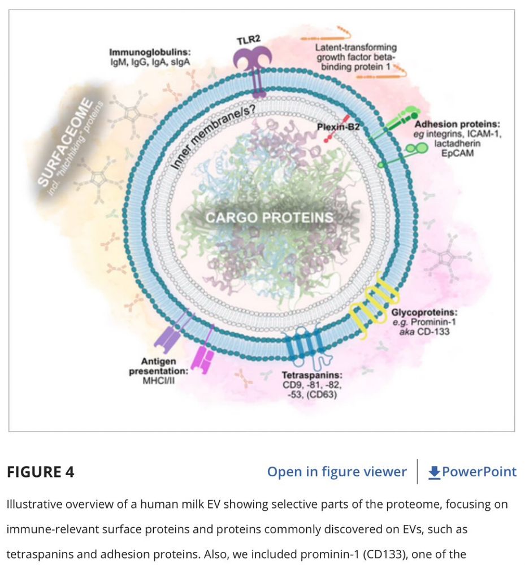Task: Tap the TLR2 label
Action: (x=249, y=41)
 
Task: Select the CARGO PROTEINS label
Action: (x=269, y=218)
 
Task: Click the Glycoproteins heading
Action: (x=424, y=312)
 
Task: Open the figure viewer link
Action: (x=337, y=472)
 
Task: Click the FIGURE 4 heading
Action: (x=41, y=472)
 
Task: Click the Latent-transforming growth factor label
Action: (x=356, y=57)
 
